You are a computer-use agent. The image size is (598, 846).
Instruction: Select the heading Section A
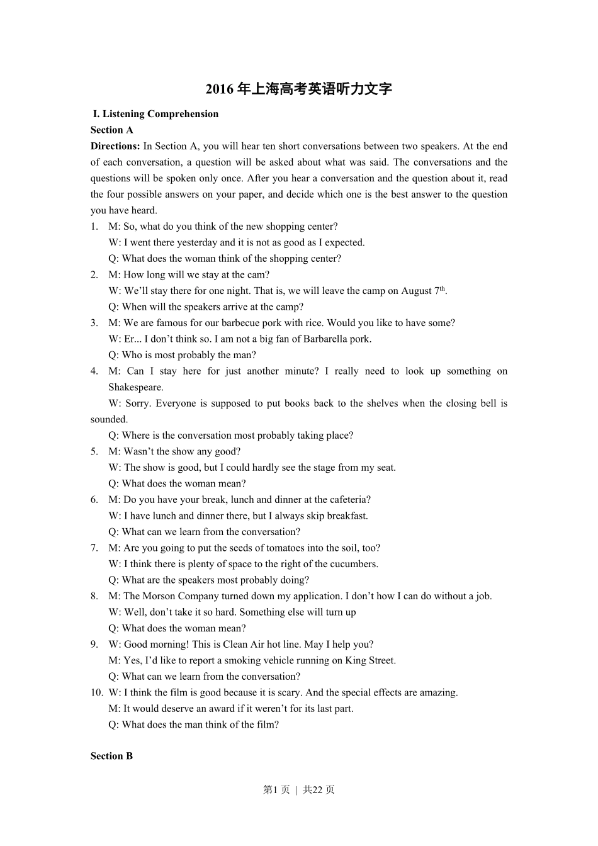[x=111, y=130]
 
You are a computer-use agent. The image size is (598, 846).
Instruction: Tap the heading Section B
[x=111, y=756]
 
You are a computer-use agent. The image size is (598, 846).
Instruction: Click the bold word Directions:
[x=115, y=146]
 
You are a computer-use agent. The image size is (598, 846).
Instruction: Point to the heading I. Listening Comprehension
[x=155, y=114]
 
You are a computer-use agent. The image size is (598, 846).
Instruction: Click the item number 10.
[x=96, y=692]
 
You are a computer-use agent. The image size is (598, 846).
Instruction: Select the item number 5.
[x=94, y=451]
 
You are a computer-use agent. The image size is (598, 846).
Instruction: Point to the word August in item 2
[x=417, y=291]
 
